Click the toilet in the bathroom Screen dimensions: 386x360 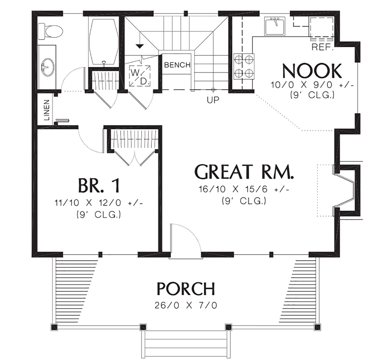click(x=50, y=31)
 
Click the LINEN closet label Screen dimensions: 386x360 click(x=47, y=110)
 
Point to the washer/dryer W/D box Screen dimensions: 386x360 click(x=140, y=76)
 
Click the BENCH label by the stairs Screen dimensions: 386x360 click(x=177, y=65)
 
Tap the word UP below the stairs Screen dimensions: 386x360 click(x=213, y=100)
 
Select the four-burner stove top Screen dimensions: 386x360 click(x=244, y=66)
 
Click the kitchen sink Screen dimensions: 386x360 click(x=274, y=26)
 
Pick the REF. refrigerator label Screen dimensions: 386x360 click(x=322, y=47)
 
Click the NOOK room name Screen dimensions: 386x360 click(x=312, y=71)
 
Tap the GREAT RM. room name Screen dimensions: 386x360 click(x=244, y=172)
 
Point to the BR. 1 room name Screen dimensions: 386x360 click(x=99, y=185)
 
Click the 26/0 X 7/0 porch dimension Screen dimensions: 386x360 click(x=186, y=306)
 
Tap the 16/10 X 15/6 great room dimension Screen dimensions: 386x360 click(x=244, y=190)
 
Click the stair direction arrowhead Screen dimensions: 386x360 click(x=140, y=46)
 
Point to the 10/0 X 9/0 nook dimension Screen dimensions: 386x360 click(x=312, y=85)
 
